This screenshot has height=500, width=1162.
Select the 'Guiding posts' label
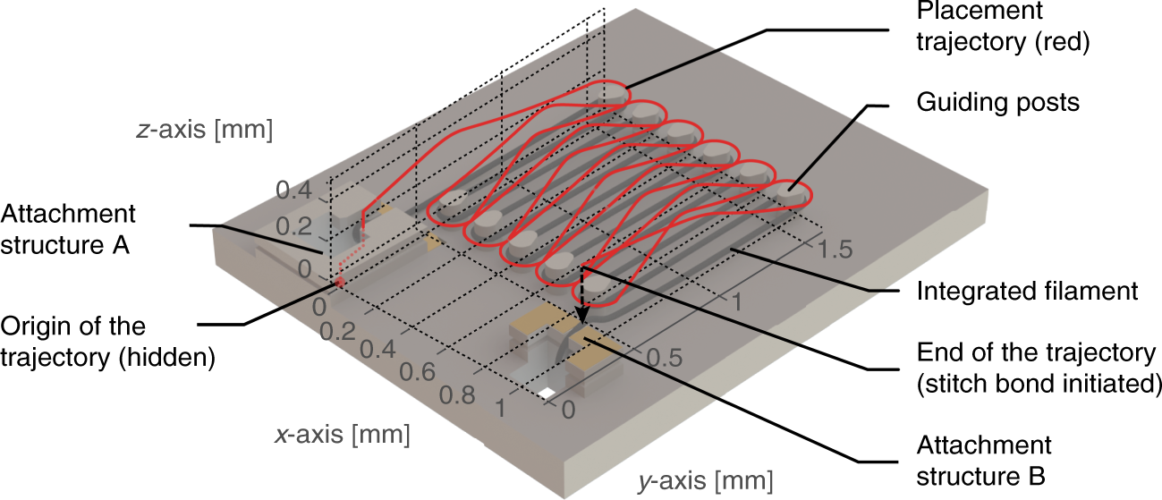pos(998,102)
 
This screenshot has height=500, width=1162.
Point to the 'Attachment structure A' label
pos(68,230)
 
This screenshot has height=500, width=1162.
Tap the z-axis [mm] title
pos(204,131)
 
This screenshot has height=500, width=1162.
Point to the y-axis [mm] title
pos(706,483)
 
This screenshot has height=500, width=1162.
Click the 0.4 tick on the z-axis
pos(293,190)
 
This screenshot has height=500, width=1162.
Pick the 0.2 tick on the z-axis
pos(293,228)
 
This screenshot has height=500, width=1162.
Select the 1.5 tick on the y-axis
pos(840,250)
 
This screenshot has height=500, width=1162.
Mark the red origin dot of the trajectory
pos(340,284)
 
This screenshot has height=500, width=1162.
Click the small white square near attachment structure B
pos(546,393)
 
